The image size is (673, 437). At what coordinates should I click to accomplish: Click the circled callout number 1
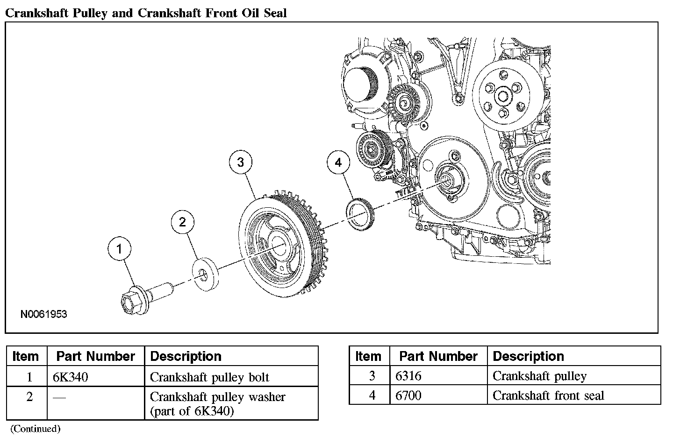(x=119, y=249)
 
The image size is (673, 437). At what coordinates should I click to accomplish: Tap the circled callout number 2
(x=182, y=222)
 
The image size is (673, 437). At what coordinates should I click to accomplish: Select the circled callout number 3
(x=240, y=162)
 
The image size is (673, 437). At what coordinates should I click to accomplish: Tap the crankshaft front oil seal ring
(x=361, y=214)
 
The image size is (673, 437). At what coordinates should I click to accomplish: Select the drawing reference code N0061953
(x=43, y=314)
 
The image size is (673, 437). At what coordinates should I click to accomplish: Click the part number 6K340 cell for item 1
(x=71, y=377)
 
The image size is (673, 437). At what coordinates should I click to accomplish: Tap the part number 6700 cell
(x=408, y=396)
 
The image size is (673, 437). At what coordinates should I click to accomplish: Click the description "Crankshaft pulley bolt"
(x=209, y=377)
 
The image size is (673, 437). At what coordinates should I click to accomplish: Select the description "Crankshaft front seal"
(x=548, y=396)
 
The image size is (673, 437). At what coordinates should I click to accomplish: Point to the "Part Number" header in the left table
(x=95, y=356)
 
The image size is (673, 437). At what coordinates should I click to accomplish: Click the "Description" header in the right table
(x=528, y=356)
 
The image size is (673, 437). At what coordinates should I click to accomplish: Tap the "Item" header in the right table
(x=368, y=356)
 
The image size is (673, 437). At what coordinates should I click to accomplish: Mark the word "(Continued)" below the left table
(x=36, y=428)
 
